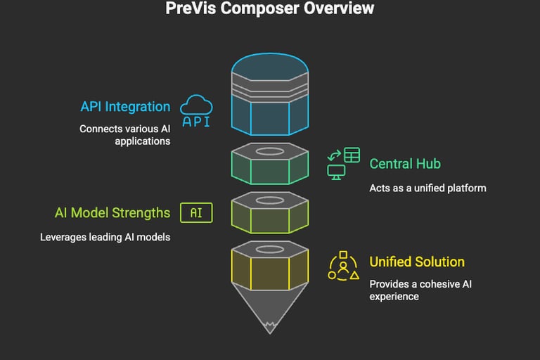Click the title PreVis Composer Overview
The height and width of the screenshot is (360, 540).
point(270,9)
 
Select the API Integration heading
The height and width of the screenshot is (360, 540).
point(125,107)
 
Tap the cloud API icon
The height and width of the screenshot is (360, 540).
point(196,112)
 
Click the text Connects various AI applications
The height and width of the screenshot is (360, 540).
point(124,135)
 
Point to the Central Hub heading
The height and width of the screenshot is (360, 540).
point(406,164)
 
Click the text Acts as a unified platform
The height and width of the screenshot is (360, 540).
point(427,188)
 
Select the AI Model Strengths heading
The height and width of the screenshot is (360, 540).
point(112,212)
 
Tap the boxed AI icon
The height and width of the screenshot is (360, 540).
point(196,212)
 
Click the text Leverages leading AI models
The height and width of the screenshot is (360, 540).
point(105,237)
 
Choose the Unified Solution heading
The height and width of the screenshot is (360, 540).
point(417,262)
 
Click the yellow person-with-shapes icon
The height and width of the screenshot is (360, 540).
point(342,266)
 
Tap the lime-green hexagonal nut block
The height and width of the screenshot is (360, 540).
point(270,214)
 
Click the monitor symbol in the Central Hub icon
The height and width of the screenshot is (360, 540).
point(335,171)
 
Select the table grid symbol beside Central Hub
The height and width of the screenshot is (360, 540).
point(352,154)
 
